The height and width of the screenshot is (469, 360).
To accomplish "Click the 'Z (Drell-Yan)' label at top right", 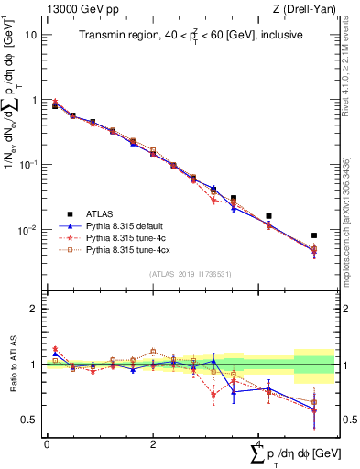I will (305, 9).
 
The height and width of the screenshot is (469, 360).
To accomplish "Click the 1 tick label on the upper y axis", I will (34, 99).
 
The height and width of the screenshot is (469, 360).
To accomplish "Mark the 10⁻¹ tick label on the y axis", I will (29, 164).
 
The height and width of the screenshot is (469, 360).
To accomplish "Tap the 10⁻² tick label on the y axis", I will (29, 229).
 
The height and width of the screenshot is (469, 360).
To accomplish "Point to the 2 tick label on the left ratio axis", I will (34, 309).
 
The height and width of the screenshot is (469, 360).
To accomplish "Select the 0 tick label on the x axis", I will (47, 444).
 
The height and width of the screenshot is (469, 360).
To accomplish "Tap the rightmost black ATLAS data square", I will (314, 235).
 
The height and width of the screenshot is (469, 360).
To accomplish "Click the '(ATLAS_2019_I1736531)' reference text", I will (190, 274).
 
